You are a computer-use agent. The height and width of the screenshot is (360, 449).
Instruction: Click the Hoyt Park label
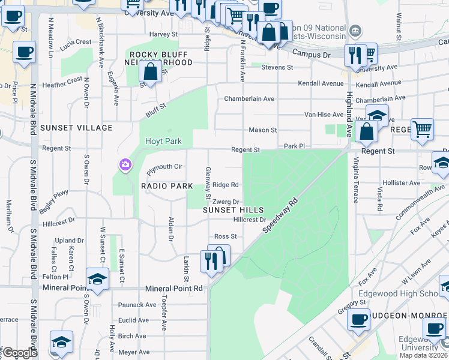tap(162, 142)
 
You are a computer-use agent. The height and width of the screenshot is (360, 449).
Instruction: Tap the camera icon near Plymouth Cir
tap(125, 164)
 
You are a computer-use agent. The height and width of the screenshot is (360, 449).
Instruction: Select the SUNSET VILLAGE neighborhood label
tap(76, 128)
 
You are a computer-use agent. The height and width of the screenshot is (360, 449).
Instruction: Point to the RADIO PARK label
tap(167, 186)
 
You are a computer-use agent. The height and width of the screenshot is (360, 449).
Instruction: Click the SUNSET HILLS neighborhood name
tap(233, 210)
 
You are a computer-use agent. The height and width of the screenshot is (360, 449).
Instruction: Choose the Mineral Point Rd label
tap(173, 288)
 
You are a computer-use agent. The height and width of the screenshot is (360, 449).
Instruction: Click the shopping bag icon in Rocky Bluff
tap(150, 73)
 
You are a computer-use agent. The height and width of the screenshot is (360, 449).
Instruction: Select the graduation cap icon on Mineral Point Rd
tap(97, 279)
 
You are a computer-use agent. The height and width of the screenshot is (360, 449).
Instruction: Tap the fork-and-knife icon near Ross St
tap(210, 261)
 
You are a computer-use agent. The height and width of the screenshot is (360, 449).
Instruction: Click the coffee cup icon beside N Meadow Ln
tap(25, 52)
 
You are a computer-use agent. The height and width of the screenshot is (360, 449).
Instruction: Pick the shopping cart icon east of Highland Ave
tap(423, 128)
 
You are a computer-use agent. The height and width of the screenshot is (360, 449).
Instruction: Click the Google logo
tap(20, 353)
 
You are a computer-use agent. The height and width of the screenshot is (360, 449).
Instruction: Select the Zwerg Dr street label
tap(227, 202)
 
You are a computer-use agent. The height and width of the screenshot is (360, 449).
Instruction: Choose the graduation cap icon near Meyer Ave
tap(61, 341)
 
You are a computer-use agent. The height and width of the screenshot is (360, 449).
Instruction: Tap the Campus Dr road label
tap(311, 54)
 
